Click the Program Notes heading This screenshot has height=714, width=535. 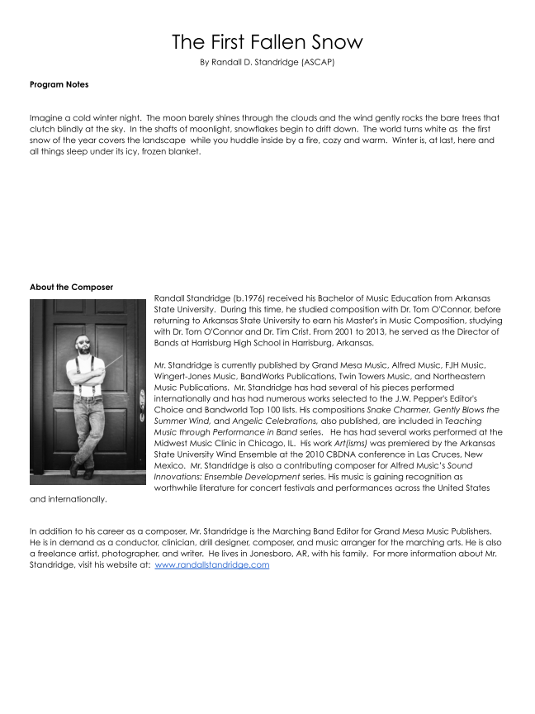coord(59,84)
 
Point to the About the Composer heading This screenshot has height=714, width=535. coord(71,288)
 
